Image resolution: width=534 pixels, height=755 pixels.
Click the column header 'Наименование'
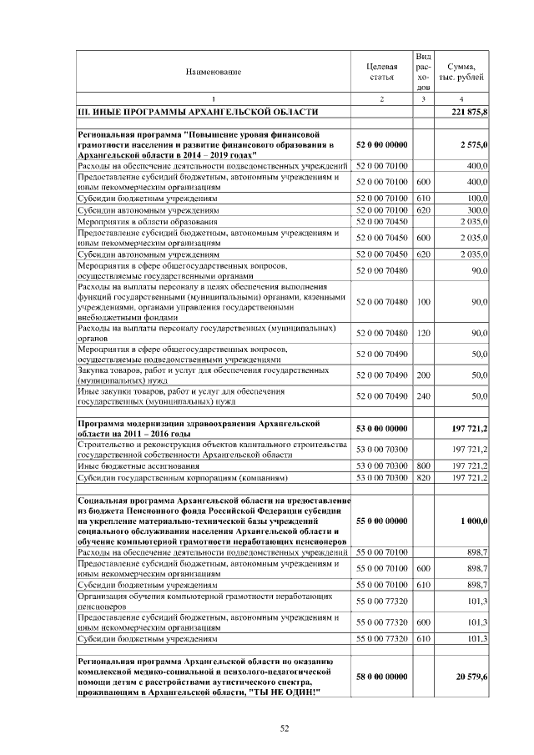click(x=214, y=72)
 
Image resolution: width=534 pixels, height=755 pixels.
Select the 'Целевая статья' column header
click(x=381, y=72)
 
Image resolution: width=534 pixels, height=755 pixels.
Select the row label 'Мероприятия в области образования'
click(x=147, y=222)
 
